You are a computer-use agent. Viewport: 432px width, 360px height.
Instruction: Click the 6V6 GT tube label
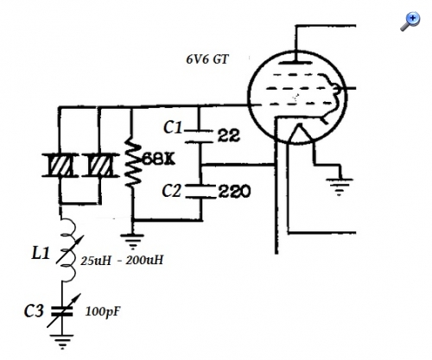point(207,60)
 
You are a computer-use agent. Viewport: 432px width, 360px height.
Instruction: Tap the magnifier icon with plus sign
point(410,22)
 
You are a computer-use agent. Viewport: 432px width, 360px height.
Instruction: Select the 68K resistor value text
point(159,159)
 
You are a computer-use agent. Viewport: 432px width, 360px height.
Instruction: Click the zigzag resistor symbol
point(133,161)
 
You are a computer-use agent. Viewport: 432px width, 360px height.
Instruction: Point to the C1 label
point(173,127)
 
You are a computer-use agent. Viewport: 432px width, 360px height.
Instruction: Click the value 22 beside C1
point(228,135)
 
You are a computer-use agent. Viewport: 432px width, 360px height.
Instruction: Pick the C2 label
point(172,191)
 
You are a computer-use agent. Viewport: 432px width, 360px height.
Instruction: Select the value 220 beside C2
point(234,192)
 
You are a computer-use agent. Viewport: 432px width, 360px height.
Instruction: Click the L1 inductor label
point(41,254)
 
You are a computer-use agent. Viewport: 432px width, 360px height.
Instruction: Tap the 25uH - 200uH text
point(122,261)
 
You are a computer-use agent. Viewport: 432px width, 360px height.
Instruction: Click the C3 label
point(34,311)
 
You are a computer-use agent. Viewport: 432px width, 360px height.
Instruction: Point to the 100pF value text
point(103,312)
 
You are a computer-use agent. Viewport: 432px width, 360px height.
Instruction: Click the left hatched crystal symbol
point(60,165)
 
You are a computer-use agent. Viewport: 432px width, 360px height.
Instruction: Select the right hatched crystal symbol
point(100,165)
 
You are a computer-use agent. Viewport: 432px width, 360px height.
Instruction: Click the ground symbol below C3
point(61,342)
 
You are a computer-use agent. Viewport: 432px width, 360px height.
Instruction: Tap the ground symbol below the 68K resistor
point(132,242)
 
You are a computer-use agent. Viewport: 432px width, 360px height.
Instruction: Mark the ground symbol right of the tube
point(340,187)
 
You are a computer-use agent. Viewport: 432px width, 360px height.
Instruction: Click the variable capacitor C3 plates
point(61,312)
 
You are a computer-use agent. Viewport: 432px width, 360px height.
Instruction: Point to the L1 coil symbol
point(68,249)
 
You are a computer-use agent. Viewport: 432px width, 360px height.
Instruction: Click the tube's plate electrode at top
point(295,62)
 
